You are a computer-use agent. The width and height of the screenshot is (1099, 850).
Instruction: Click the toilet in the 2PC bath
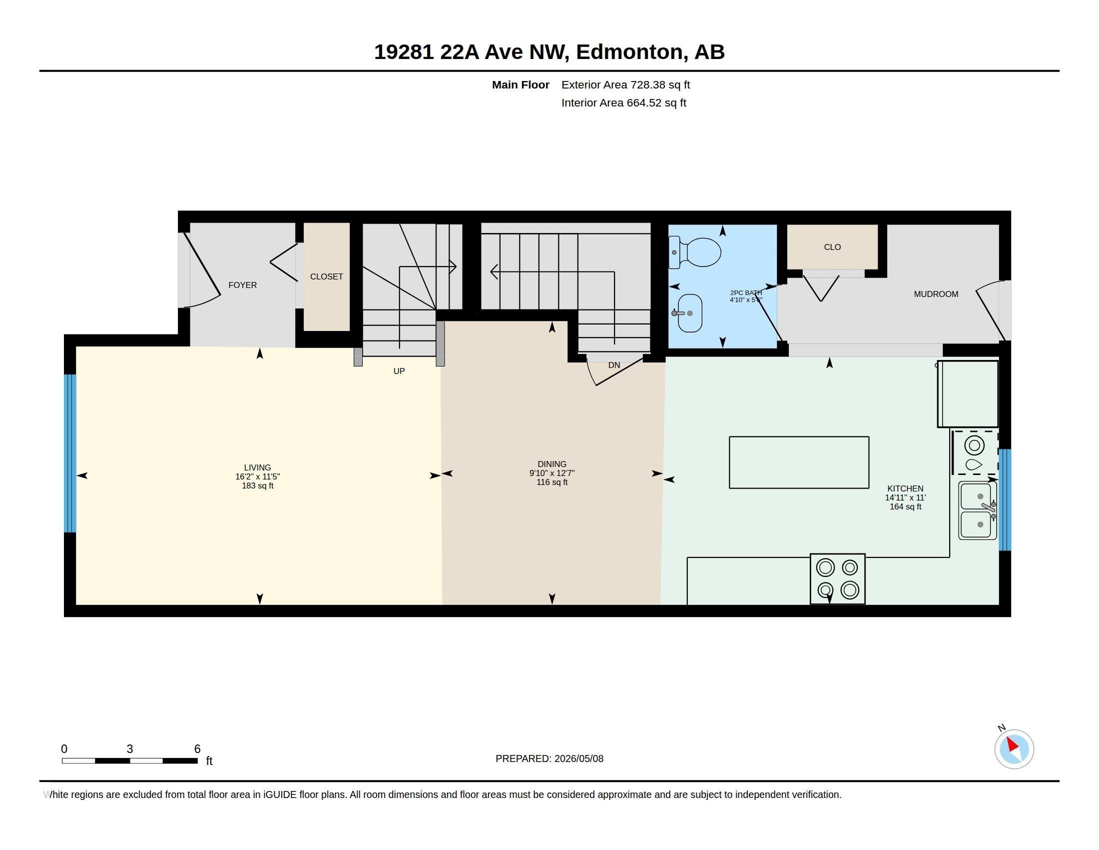point(695,252)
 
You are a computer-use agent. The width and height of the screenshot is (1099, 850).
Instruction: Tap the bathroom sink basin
point(690,313)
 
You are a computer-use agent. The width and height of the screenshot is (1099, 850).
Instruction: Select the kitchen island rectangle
point(799,462)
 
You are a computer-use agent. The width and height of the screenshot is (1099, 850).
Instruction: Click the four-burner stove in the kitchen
point(838,579)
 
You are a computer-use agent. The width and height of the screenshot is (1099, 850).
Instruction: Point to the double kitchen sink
point(978,510)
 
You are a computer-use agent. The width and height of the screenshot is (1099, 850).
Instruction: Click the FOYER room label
point(243,285)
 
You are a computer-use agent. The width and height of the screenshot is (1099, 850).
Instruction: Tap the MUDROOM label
point(936,294)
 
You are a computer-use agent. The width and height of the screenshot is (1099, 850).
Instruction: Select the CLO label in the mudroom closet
point(832,247)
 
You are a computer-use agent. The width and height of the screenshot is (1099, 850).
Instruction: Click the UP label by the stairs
point(399,371)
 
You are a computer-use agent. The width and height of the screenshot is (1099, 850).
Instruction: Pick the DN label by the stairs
point(614,365)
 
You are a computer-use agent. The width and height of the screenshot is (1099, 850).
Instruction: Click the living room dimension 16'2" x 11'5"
point(258,476)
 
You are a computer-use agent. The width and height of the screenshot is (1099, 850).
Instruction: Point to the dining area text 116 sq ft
point(552,482)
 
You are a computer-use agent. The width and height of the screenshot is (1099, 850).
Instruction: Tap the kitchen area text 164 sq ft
point(905,506)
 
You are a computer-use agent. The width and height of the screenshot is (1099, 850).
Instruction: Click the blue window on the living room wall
point(70,453)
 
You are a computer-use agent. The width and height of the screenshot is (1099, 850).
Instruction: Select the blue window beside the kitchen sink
point(1005,499)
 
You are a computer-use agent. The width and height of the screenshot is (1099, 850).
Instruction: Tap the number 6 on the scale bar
point(197,749)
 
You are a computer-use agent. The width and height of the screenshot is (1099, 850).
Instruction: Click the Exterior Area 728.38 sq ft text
point(625,84)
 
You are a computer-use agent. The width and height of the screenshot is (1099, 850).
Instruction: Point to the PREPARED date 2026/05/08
point(578,758)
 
